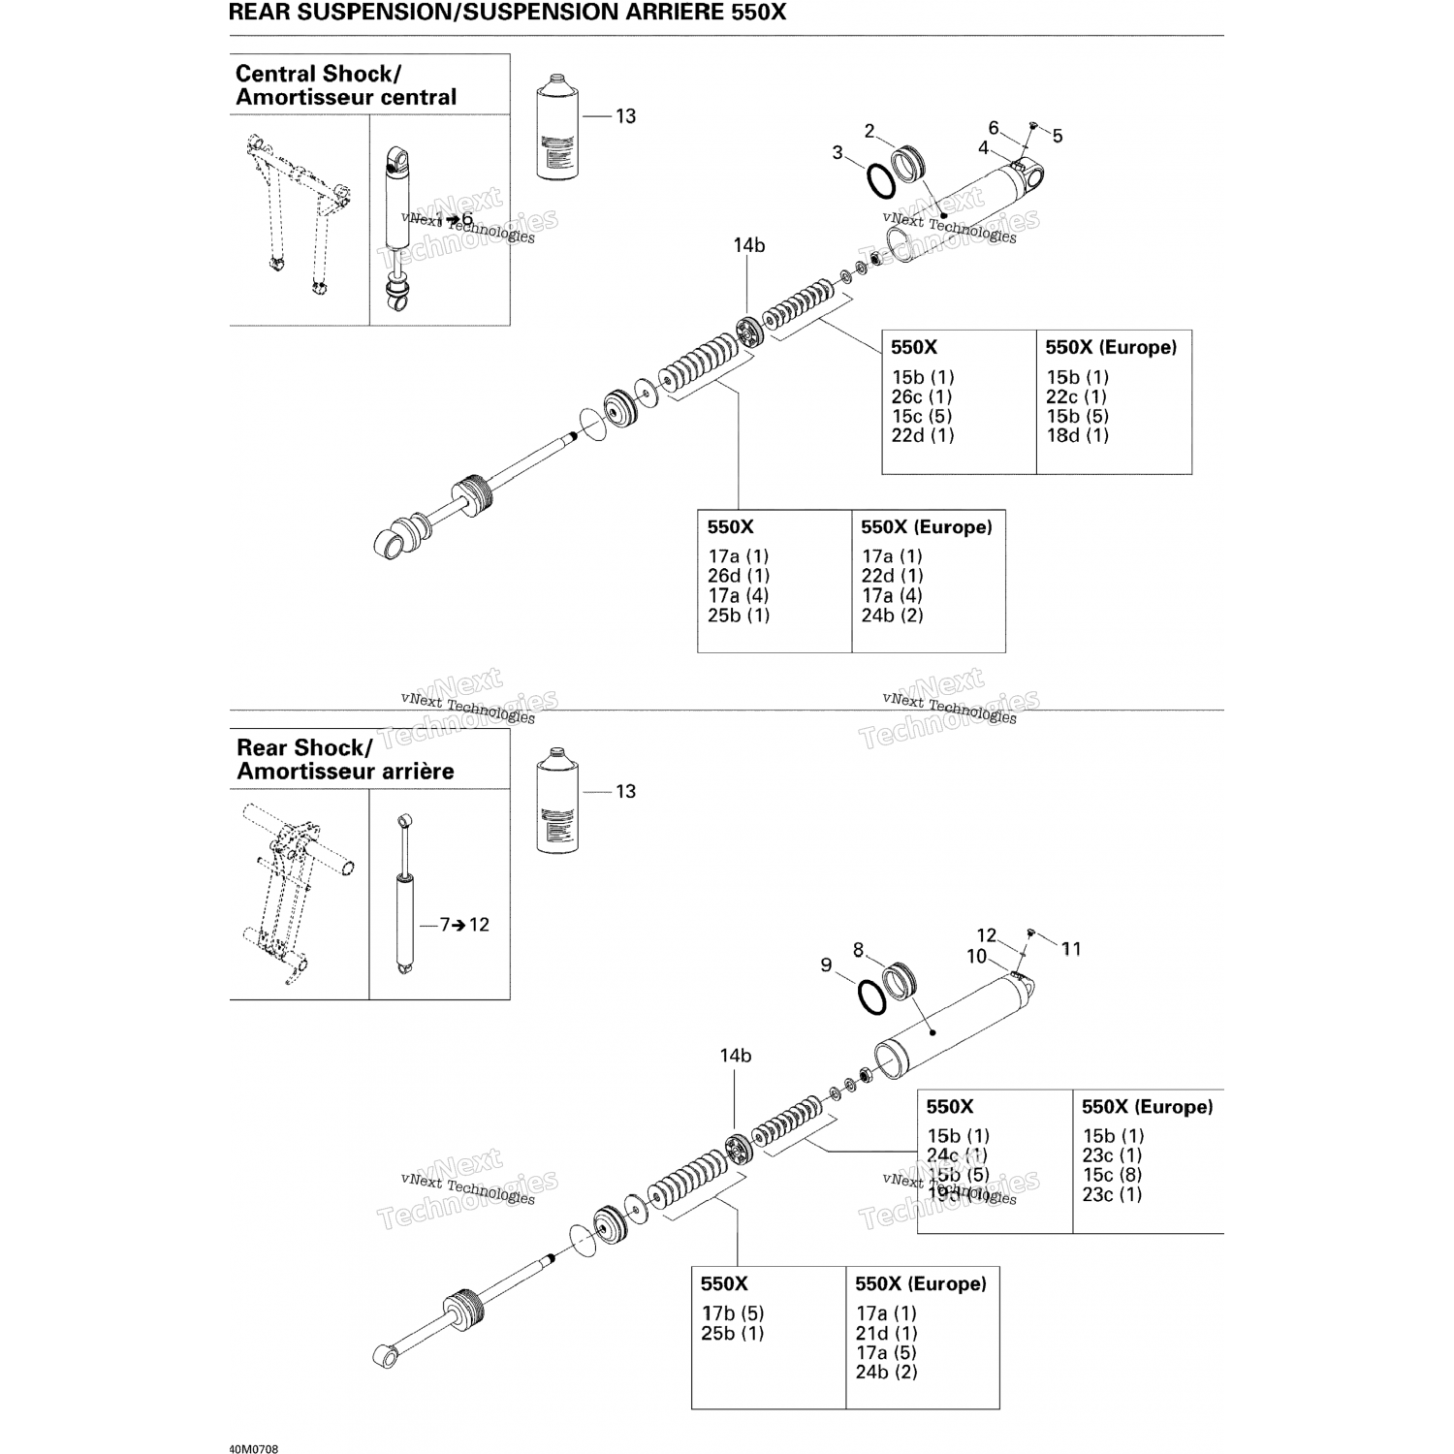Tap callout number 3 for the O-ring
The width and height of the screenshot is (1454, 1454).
pos(838,153)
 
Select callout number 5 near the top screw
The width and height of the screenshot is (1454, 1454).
pos(1058,137)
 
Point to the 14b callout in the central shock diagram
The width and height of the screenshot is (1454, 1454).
pos(748,246)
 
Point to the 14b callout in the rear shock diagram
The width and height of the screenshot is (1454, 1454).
pos(735,1056)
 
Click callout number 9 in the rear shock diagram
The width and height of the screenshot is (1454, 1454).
pos(826,965)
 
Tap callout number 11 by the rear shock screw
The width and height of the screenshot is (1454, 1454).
pos(1071,949)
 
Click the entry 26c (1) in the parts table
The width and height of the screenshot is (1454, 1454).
pos(921,396)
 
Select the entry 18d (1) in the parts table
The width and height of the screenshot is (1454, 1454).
pos(1077,435)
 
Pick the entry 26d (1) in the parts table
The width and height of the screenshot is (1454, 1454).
pos(738,576)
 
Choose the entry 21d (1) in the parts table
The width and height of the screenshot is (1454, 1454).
pos(886,1333)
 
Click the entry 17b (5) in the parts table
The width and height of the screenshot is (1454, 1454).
pos(733,1313)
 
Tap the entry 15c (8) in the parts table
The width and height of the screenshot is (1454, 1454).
pos(1112,1175)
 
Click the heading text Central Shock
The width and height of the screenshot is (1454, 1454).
pos(318,74)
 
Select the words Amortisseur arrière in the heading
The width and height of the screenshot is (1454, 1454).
pos(345,772)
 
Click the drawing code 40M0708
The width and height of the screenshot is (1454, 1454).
pos(254,1450)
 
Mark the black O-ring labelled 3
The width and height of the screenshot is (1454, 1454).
pos(879,180)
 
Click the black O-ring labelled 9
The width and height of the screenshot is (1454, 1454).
pos(871,996)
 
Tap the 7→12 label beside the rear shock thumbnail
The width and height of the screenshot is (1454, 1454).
pos(464,925)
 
